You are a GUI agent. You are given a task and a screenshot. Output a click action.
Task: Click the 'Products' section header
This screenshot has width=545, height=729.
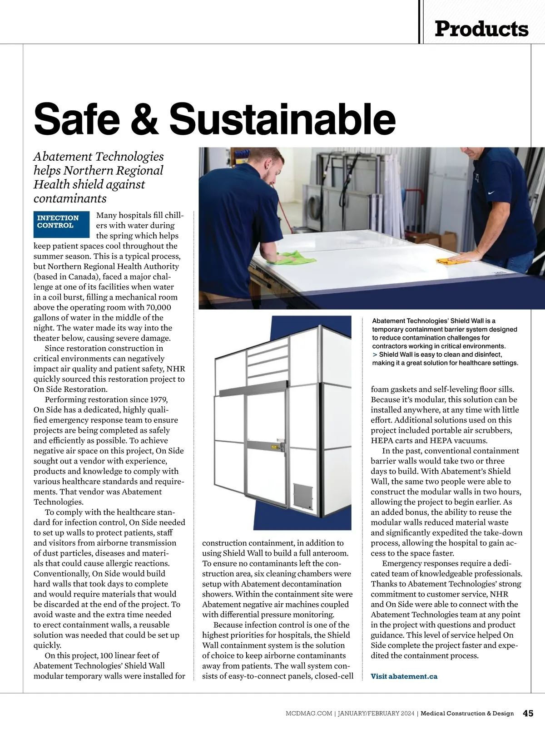481,29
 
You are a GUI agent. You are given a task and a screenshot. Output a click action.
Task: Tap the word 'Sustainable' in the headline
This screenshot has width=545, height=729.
282,118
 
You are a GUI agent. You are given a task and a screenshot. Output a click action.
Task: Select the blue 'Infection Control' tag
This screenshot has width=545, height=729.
61,224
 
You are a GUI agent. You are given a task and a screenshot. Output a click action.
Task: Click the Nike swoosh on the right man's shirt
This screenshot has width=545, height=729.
490,192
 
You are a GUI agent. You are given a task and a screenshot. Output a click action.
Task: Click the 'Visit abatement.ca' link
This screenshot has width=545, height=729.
404,676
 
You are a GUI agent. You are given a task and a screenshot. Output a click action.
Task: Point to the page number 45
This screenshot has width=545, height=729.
528,713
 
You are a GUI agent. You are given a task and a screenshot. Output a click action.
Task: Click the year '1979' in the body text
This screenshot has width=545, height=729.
156,399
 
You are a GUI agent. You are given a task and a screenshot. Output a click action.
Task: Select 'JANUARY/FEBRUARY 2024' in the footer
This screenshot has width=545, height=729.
376,714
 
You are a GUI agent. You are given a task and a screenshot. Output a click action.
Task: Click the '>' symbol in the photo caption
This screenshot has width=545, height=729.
375,355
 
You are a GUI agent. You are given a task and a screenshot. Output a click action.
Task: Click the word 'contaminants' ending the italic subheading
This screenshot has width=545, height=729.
70,198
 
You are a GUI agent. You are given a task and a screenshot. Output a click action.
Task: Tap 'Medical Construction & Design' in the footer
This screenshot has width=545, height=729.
467,714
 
